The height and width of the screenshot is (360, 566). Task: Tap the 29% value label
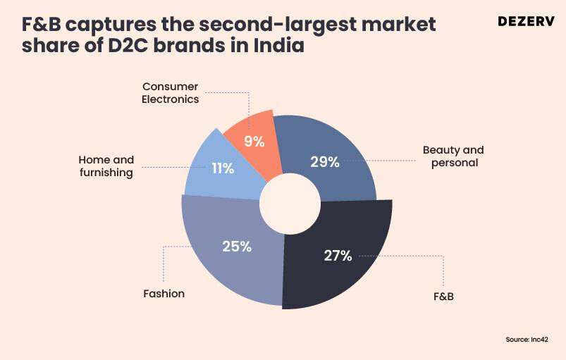coord(325,162)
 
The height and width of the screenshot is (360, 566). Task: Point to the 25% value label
coord(237,247)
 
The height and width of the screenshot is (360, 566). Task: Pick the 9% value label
coord(254,141)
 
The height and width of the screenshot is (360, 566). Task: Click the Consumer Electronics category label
coord(170,93)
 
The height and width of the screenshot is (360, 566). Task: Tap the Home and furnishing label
coord(106,166)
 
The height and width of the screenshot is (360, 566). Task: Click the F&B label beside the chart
coord(443,295)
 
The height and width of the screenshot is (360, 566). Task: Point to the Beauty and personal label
coord(453,156)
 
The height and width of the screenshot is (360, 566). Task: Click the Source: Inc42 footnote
coord(527,340)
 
